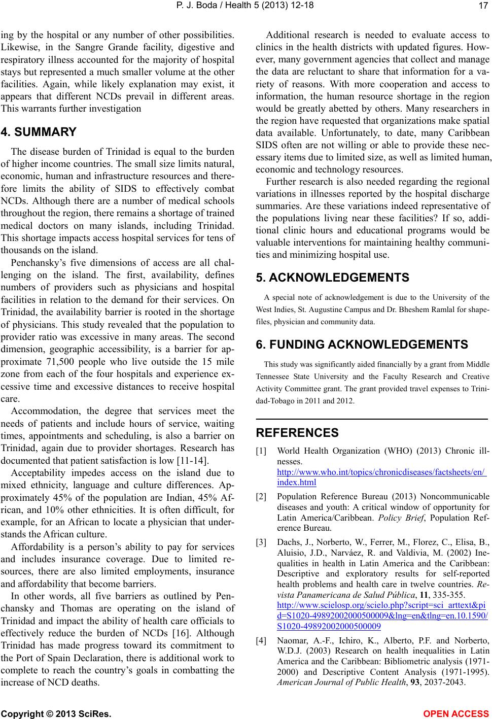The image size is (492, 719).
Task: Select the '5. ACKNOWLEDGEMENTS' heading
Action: coord(333,278)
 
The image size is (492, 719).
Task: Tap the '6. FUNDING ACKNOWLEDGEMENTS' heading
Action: coord(362,345)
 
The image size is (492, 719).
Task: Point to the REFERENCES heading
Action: coord(297,433)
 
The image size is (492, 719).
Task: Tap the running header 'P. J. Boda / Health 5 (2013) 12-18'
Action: coord(246,6)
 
